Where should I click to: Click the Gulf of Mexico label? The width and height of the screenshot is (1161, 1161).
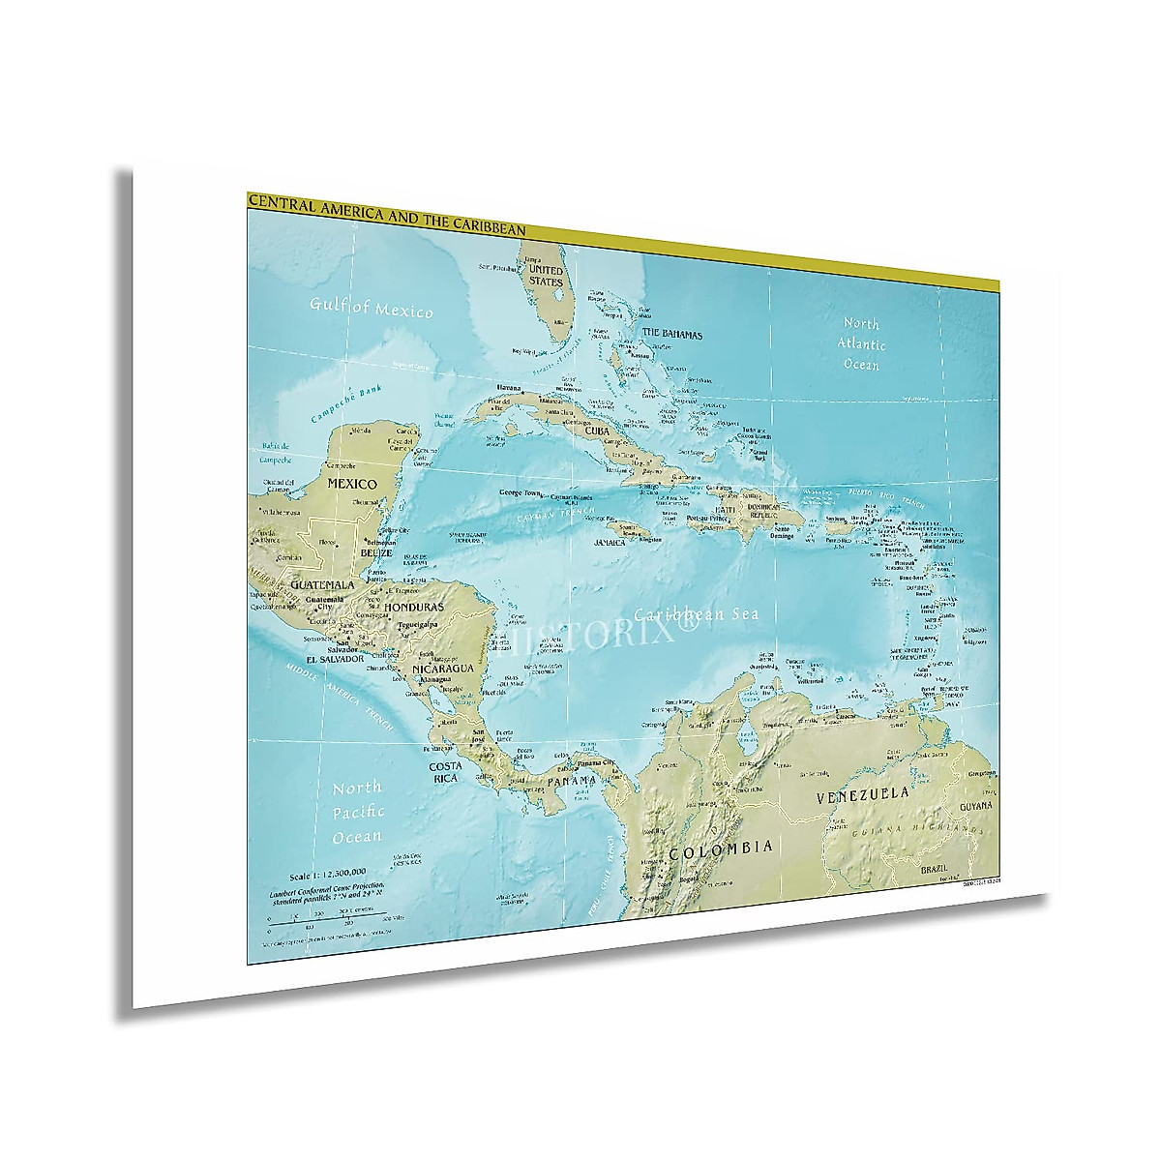pyautogui.click(x=371, y=309)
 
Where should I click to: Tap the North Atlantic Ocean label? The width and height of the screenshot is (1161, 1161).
pyautogui.click(x=860, y=343)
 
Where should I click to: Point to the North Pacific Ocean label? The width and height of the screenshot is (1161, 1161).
pyautogui.click(x=357, y=812)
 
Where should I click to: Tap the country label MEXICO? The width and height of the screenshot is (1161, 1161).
pyautogui.click(x=352, y=482)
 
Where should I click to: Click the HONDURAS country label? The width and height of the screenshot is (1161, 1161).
pyautogui.click(x=413, y=607)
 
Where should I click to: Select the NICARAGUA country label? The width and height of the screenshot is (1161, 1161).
pyautogui.click(x=441, y=669)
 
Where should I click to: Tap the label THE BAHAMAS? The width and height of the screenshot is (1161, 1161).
pyautogui.click(x=672, y=334)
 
